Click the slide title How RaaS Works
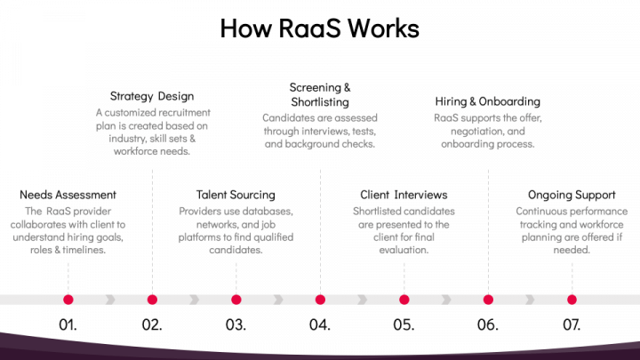(320, 28)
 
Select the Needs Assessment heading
(68, 195)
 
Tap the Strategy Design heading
(152, 96)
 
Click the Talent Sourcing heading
(236, 195)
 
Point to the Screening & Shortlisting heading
(320, 95)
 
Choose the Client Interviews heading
(404, 195)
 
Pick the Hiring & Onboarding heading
(487, 101)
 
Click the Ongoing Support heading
(572, 195)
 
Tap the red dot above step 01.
(68, 300)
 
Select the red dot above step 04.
(320, 300)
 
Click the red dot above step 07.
(572, 300)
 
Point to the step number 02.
(152, 324)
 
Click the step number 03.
(236, 324)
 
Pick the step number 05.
(404, 324)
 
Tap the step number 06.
(487, 324)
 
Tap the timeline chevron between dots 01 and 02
(110, 300)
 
